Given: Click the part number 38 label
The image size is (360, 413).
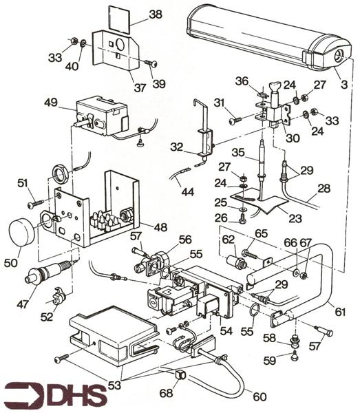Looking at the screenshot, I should (x=156, y=14).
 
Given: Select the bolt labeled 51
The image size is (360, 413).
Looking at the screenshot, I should (x=36, y=204).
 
